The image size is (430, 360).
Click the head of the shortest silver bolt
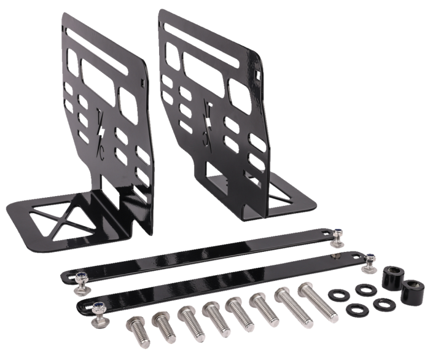pyautogui.click(x=135, y=324)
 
